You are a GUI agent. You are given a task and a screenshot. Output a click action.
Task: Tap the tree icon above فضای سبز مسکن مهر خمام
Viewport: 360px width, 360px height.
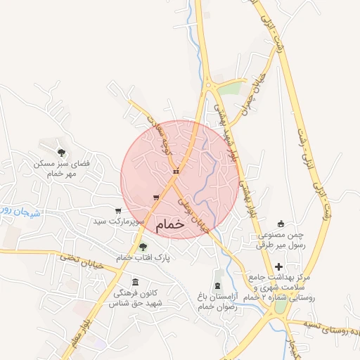click(62, 152)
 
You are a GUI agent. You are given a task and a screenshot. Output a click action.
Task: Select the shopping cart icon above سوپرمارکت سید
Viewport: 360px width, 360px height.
click(117, 210)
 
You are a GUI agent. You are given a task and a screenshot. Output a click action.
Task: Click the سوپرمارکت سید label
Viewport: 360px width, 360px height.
click(112, 221)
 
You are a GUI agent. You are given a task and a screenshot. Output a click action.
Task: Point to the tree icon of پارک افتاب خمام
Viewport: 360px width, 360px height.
click(143, 247)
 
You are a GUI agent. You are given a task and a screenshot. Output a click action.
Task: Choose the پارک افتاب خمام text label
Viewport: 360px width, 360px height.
click(143, 258)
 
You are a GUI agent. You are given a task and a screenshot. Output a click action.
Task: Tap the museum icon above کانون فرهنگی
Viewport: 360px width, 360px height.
click(135, 282)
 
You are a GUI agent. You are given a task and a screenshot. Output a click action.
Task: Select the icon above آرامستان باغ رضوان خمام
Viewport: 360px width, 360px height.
click(217, 285)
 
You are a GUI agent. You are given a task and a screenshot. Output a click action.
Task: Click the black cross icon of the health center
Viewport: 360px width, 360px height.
click(280, 266)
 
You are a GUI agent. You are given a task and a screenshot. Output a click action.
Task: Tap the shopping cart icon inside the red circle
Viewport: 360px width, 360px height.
click(156, 197)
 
